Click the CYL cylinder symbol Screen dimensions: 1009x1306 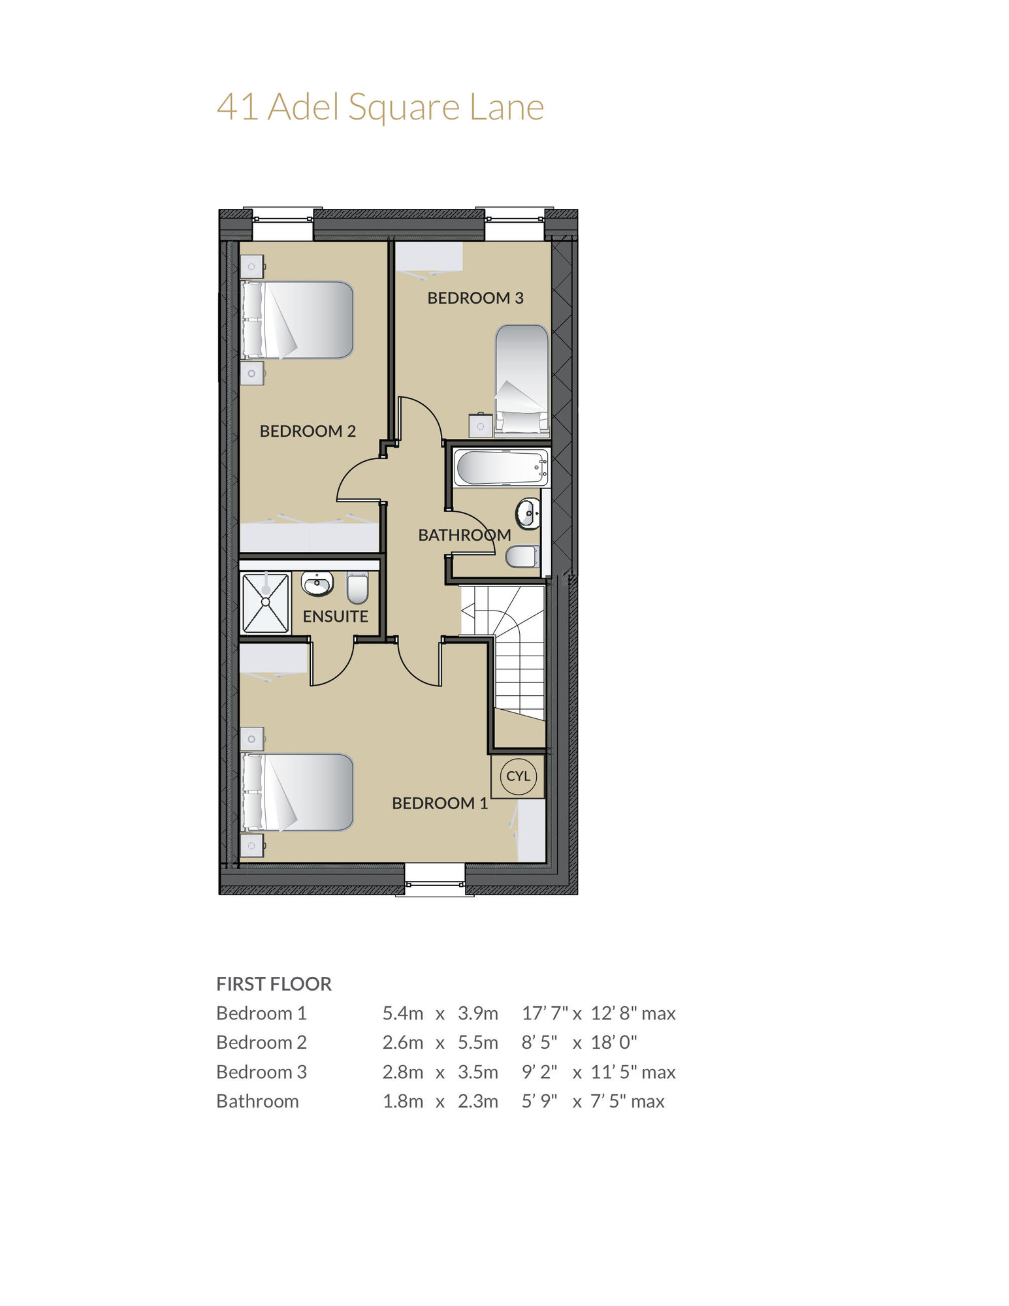518,776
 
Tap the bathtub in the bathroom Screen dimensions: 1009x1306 502,468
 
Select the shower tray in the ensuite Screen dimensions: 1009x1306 266,603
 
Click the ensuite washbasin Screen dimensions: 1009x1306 317,583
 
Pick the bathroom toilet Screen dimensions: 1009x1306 522,557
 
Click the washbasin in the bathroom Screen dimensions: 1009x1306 528,513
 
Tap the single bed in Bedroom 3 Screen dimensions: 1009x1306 522,379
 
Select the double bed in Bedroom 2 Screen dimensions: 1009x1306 298,320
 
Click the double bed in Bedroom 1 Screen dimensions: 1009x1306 298,792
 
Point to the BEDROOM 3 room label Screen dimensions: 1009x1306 475,298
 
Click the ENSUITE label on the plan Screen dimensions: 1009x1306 335,616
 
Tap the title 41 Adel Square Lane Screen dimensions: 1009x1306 380,107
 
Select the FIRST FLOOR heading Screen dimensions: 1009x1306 274,983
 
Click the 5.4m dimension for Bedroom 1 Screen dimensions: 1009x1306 402,1013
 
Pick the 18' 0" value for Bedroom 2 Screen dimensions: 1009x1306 614,1042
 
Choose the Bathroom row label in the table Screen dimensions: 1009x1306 257,1101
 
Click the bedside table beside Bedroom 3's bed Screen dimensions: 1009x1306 481,425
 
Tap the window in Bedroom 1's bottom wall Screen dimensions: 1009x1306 435,880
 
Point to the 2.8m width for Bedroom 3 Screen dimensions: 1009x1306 402,1072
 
